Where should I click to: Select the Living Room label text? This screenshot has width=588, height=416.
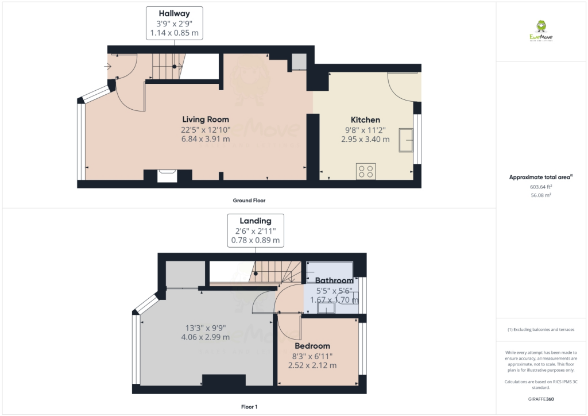coord(205,120)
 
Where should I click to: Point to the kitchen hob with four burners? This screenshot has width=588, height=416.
coord(366,171)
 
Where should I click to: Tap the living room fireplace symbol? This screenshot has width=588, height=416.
coord(168,175)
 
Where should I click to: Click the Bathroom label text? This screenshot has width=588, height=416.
coord(334,280)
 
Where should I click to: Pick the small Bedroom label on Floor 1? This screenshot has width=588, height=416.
coord(312,346)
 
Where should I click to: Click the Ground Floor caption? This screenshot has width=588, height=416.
coord(249,201)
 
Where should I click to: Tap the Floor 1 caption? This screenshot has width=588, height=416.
coord(249,407)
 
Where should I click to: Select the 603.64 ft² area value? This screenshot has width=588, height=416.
coord(541,187)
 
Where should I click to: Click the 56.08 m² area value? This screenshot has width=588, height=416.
coord(541,195)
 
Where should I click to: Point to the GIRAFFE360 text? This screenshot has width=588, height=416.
coord(541,399)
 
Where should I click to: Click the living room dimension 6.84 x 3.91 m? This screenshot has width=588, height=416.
coord(205,139)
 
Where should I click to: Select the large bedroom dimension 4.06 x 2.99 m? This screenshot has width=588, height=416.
coord(205,337)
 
